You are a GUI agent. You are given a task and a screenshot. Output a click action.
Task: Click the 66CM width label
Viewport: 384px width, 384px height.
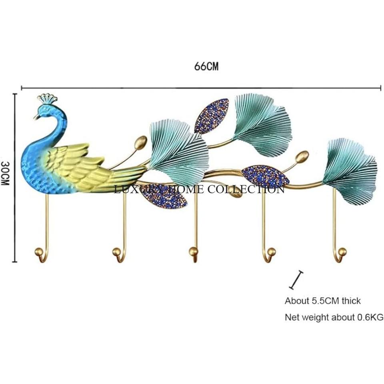(x=206, y=66)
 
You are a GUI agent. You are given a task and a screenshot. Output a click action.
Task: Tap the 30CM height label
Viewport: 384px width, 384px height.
(x=6, y=173)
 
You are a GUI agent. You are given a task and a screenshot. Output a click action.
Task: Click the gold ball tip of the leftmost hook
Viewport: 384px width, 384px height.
(x=39, y=252)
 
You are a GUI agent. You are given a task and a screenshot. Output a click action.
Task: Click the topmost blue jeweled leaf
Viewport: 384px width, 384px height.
(x=212, y=116)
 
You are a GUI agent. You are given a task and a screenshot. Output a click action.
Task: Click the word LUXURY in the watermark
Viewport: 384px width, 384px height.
(x=133, y=189)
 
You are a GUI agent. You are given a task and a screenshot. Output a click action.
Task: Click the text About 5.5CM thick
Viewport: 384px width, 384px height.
(x=322, y=301)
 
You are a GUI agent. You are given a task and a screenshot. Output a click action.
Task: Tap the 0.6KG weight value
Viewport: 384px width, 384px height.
(x=369, y=318)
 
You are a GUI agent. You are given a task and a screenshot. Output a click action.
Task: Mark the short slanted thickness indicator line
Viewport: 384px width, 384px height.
(x=296, y=280)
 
